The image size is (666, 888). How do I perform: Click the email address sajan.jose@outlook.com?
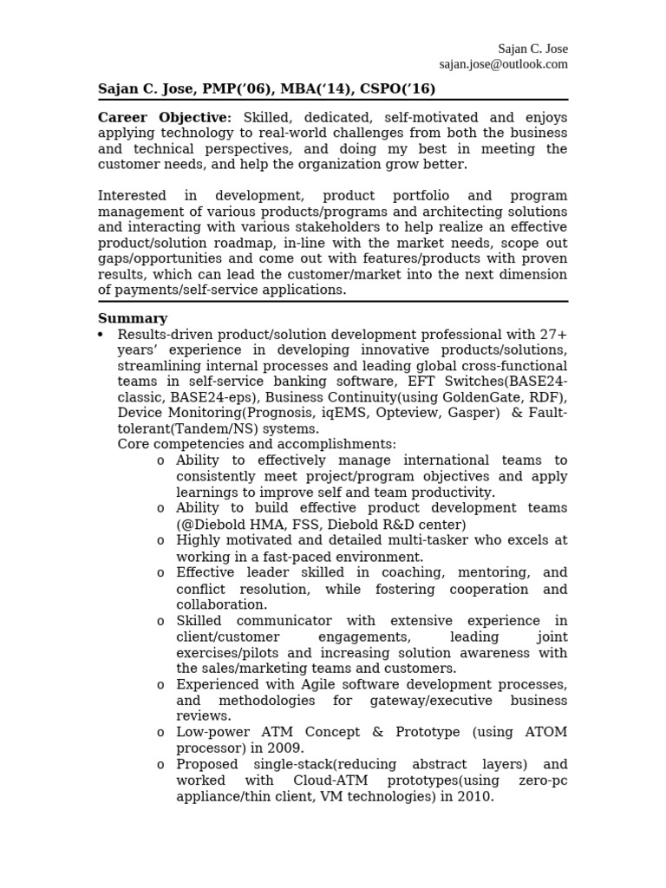pos(503,64)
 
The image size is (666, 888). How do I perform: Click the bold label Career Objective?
pos(165,118)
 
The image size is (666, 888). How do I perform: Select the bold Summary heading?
pos(133,318)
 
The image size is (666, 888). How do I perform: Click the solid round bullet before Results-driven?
pos(101,335)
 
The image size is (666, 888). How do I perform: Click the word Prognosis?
pos(259,414)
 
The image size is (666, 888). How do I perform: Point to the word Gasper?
pos(473,414)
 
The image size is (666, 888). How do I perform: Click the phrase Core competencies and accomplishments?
pos(257,445)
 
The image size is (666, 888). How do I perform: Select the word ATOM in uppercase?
pos(545,732)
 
